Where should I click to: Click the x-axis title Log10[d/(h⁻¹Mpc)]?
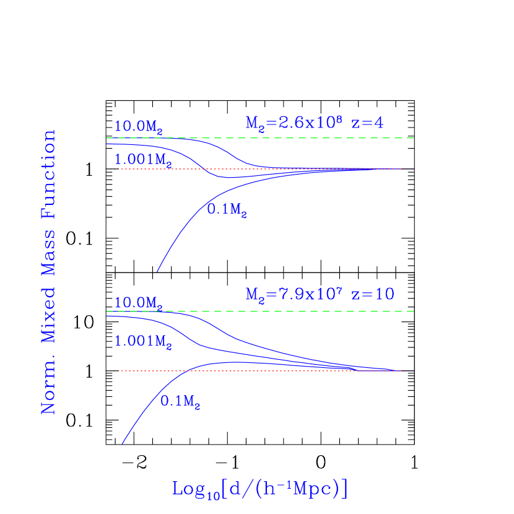click(259, 489)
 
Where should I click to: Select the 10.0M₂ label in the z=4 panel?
click(139, 126)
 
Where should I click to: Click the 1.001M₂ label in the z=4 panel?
click(144, 160)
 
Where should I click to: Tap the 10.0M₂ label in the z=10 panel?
click(139, 303)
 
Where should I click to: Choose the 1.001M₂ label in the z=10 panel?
click(144, 341)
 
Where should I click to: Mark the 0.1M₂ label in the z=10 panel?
click(181, 401)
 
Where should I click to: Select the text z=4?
click(367, 123)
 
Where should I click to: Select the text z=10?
click(373, 294)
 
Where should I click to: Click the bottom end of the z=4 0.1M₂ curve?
click(157, 271)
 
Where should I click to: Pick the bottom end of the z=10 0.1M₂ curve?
click(122, 443)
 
